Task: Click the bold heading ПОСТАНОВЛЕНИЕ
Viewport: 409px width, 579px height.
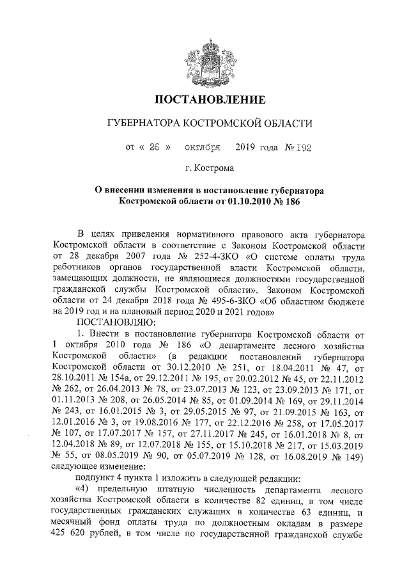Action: coord(210,100)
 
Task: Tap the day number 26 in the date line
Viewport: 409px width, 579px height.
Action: coord(153,147)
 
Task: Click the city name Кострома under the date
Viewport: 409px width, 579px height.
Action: coord(216,169)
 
